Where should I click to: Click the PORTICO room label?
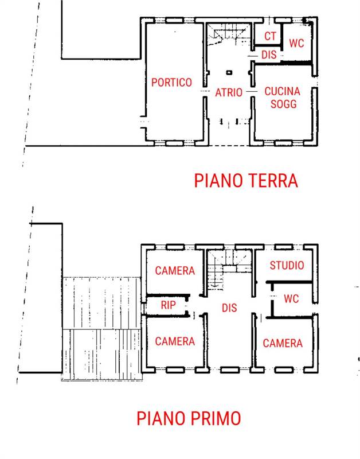(x=171, y=83)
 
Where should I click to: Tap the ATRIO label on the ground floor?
(x=229, y=92)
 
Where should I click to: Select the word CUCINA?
(x=282, y=91)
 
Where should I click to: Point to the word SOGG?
(x=282, y=104)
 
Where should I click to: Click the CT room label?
(x=270, y=36)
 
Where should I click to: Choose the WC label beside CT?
(x=296, y=43)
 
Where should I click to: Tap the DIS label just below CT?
(x=269, y=55)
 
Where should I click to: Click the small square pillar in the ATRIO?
(x=229, y=73)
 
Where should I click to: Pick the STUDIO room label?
(x=287, y=266)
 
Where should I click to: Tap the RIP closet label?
(x=168, y=306)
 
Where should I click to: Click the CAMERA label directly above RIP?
(x=175, y=271)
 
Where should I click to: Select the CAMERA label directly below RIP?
(x=175, y=341)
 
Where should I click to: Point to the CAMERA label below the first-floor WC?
(x=283, y=343)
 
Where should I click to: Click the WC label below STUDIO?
(x=292, y=299)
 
